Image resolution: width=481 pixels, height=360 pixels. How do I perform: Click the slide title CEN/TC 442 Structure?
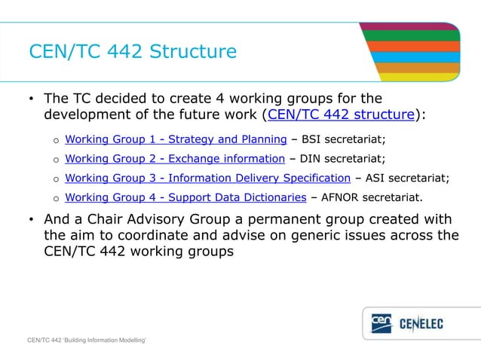pyautogui.click(x=133, y=52)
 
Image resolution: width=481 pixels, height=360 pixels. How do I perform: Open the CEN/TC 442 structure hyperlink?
pyautogui.click(x=340, y=115)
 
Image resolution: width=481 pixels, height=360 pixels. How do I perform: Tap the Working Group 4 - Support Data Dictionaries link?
pyautogui.click(x=185, y=198)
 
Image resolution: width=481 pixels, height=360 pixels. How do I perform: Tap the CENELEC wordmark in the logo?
pyautogui.click(x=431, y=324)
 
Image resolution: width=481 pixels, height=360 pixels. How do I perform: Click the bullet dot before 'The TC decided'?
pyautogui.click(x=31, y=99)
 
